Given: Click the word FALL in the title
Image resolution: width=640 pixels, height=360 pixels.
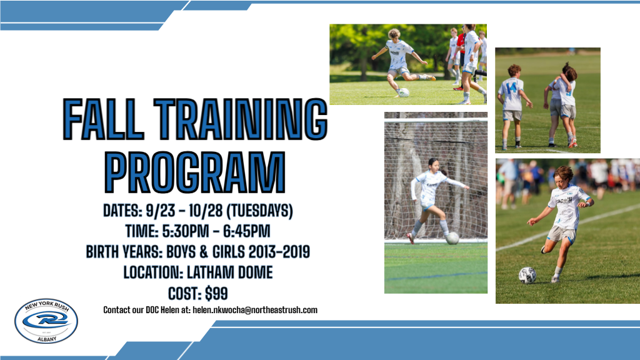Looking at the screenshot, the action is (104, 119).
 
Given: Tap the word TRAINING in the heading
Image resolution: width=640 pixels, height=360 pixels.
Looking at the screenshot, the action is (241, 119).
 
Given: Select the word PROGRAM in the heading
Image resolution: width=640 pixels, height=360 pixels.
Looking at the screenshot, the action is (195, 172).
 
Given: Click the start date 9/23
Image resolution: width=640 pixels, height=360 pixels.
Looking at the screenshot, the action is (161, 211).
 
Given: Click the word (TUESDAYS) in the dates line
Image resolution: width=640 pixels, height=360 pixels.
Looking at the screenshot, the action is (259, 211).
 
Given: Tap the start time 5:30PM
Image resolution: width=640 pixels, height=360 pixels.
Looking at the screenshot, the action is (185, 231).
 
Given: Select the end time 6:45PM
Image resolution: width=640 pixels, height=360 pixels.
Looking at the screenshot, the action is (246, 231).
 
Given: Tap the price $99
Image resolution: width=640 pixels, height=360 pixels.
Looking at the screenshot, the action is (216, 294).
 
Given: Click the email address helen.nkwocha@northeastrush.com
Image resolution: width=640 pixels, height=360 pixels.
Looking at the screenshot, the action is (255, 310).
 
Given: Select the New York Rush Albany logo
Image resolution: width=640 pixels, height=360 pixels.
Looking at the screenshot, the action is (46, 321).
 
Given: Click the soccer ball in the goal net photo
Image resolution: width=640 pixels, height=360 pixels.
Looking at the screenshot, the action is (452, 238).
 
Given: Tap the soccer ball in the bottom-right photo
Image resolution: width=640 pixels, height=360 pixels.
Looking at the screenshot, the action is (527, 276).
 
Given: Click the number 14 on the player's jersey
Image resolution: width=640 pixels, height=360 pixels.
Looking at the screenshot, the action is (511, 87).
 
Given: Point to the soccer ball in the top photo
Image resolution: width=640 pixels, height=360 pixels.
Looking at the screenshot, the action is (404, 92).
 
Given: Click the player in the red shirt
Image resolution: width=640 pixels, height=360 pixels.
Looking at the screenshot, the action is (460, 57).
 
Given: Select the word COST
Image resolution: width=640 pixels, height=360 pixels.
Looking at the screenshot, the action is (183, 294).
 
